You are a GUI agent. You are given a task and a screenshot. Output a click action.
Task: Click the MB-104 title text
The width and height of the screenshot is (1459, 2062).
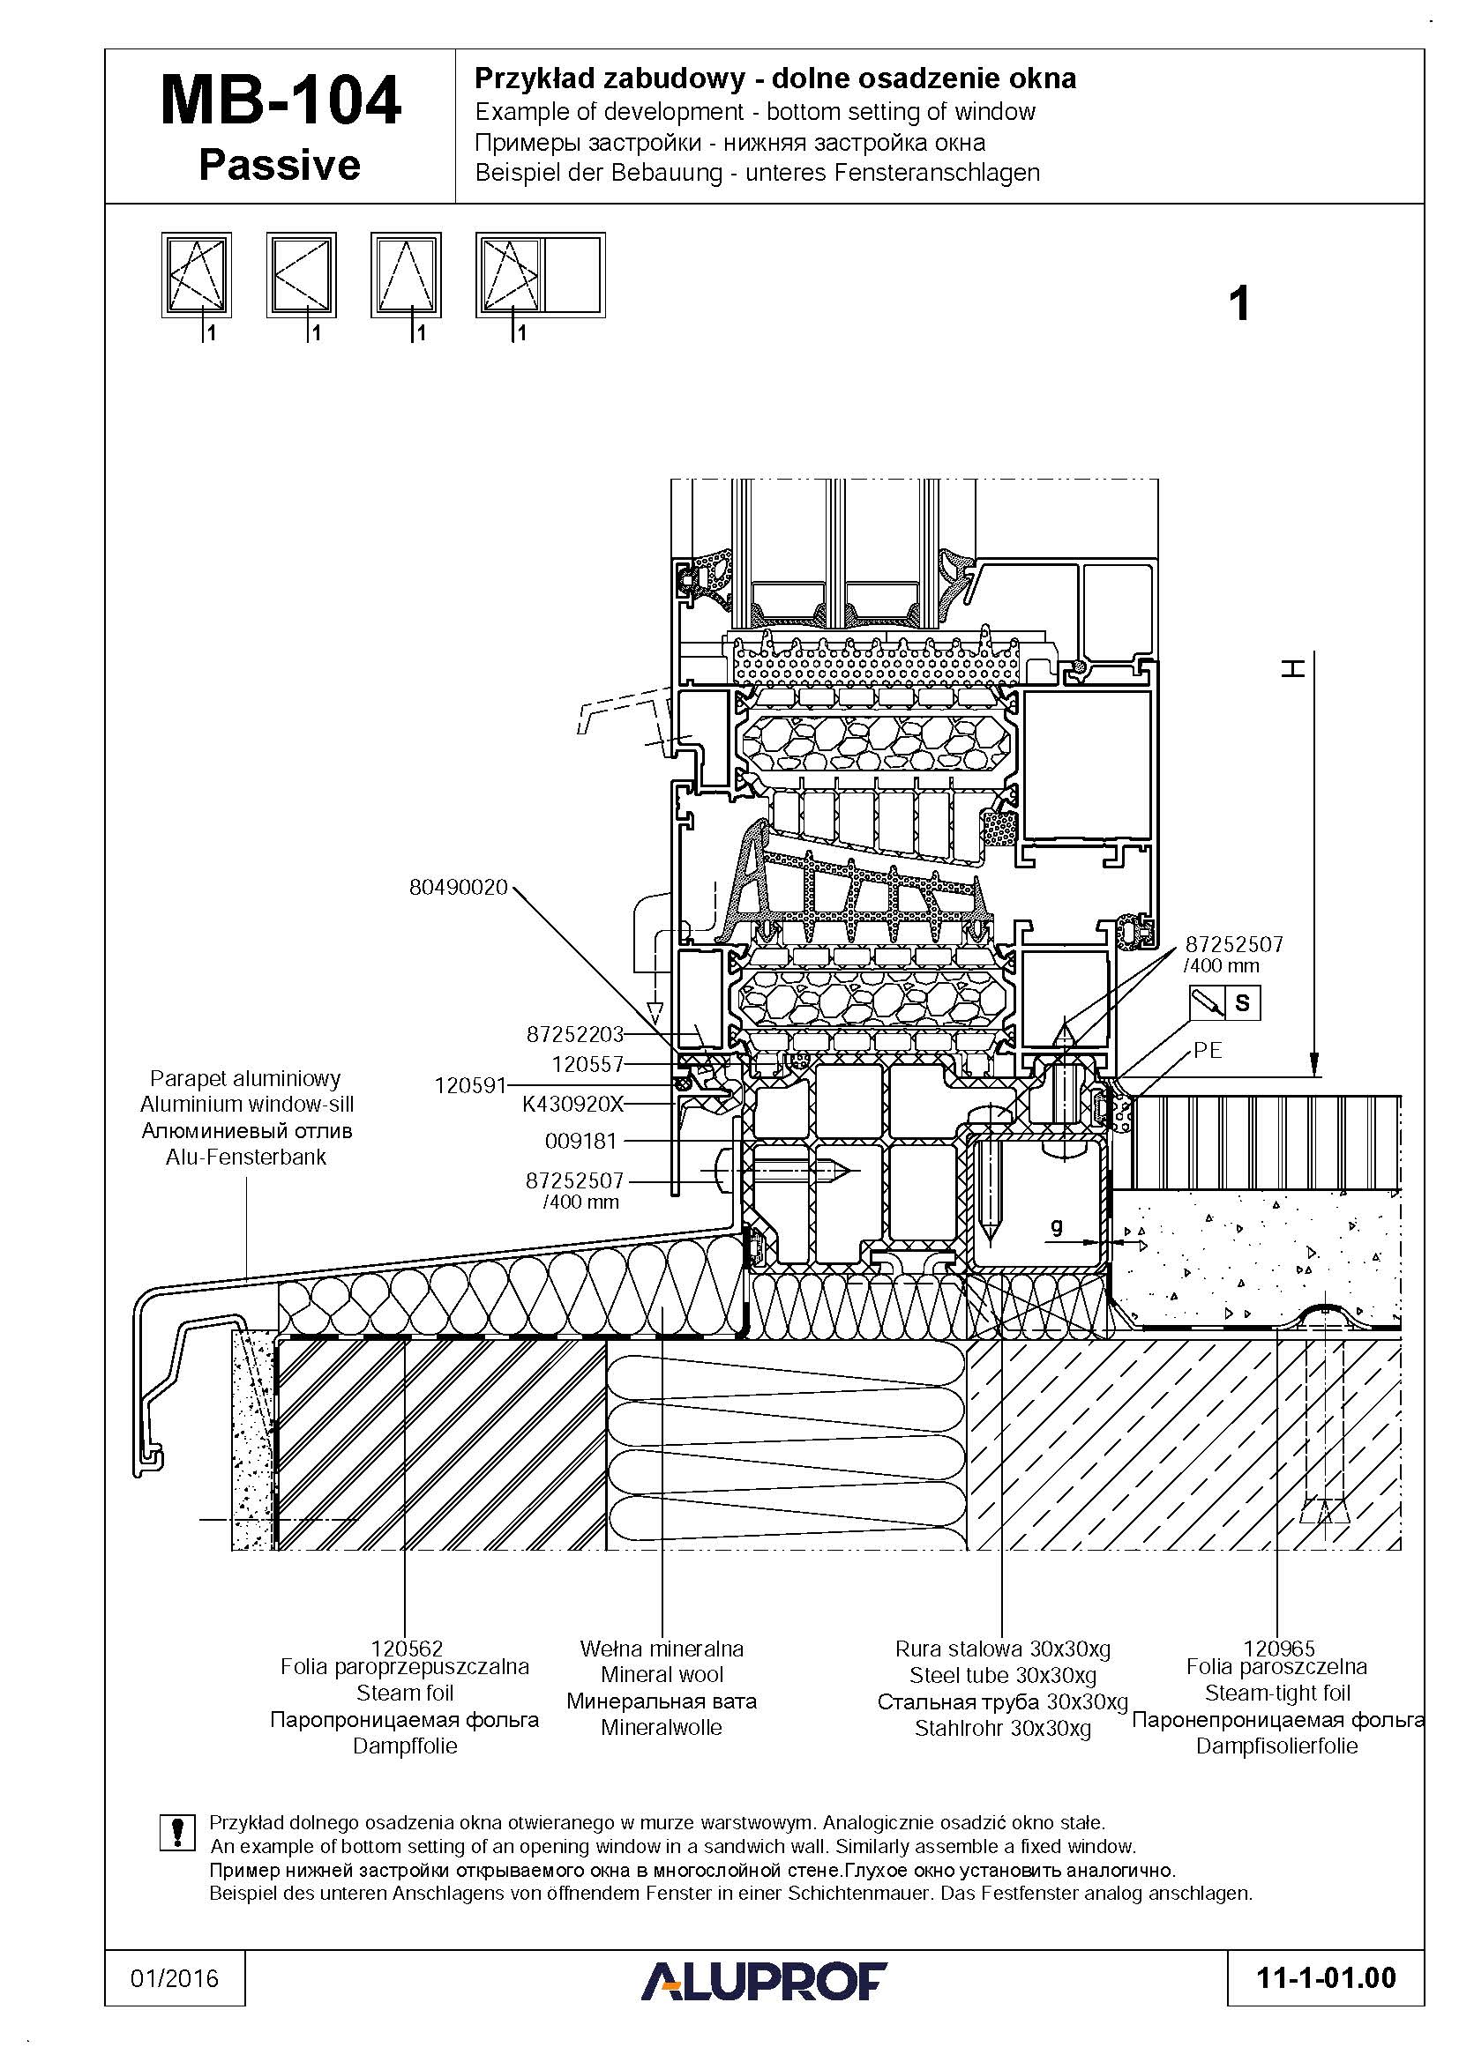pos(281,100)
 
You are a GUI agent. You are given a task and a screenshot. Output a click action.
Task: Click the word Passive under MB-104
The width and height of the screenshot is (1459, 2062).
pos(280,165)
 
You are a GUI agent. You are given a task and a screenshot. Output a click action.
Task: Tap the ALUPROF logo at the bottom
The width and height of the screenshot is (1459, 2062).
pos(763,1981)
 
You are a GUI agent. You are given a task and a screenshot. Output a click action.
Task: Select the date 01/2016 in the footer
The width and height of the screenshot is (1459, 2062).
pos(175,1978)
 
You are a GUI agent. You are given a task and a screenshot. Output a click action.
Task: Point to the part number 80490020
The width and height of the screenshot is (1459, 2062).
pos(458,888)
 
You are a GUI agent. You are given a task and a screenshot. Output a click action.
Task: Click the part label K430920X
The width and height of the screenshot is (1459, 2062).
pos(572,1104)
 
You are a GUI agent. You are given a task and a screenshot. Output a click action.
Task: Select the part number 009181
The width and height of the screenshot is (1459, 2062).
pos(581,1142)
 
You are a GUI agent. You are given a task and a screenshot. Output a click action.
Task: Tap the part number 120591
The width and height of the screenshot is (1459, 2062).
pos(471,1085)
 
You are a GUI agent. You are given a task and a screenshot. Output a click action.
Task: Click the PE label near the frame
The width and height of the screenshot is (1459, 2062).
pos(1208,1050)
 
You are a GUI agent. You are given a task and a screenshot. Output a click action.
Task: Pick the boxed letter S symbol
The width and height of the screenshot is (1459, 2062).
pos(1243,1002)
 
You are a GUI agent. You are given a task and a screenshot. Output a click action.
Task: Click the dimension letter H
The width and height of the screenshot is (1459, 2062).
pos(1292,668)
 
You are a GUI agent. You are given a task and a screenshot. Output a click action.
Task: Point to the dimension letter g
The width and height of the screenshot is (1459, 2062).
pos(1057,1226)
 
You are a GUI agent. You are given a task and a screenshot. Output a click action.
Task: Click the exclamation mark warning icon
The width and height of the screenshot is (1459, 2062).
pos(177,1833)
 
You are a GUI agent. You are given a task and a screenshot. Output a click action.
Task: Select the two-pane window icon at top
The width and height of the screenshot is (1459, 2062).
pos(540,275)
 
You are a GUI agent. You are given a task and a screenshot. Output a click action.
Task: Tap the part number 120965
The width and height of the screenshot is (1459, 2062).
pos(1278,1648)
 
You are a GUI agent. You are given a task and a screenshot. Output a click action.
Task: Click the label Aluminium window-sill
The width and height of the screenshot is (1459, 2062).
pos(246,1104)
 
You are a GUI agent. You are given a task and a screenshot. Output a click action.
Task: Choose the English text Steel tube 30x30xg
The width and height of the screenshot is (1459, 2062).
pos(1002,1674)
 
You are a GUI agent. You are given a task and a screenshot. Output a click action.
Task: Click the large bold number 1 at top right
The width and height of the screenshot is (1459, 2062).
pos(1238,303)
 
